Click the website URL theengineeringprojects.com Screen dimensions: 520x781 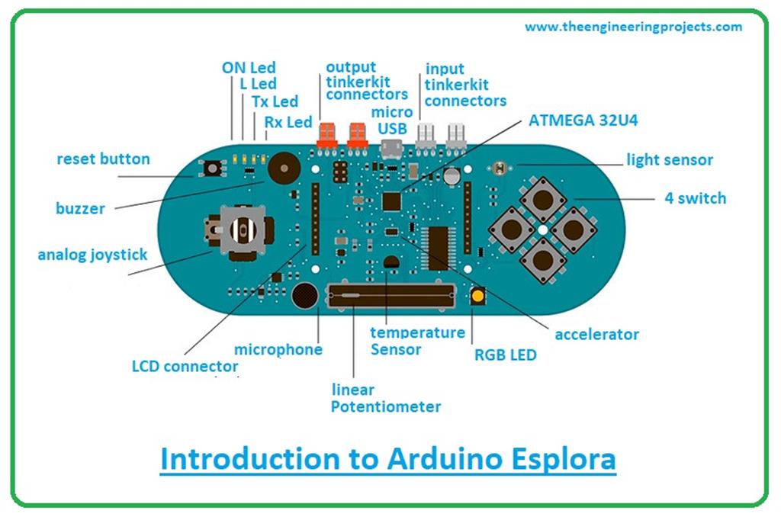[x=632, y=27]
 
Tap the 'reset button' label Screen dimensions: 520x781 [x=103, y=159]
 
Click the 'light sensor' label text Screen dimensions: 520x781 [x=669, y=160]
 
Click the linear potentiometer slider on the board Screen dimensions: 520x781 [x=391, y=294]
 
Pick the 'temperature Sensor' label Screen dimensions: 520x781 [x=416, y=341]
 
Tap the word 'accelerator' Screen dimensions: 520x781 [x=596, y=334]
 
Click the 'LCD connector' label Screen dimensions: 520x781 [x=185, y=366]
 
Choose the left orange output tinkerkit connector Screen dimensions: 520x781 [x=326, y=135]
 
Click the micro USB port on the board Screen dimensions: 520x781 [x=391, y=147]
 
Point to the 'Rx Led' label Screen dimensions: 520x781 [x=288, y=121]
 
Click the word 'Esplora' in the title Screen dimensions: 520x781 [x=548, y=461]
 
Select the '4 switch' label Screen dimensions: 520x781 [x=695, y=198]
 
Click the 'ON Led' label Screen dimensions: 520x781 [x=249, y=68]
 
